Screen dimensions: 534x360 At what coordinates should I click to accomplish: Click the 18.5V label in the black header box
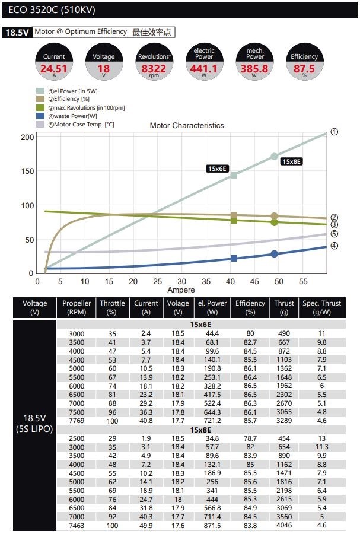click(17, 33)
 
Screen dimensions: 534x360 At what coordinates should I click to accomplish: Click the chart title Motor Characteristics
click(187, 126)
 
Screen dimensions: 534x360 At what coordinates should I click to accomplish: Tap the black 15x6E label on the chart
click(218, 169)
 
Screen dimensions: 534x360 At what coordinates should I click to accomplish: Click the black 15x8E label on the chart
click(291, 161)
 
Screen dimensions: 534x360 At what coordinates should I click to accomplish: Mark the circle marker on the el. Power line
click(274, 157)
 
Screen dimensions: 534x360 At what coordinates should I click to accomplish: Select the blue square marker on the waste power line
click(234, 258)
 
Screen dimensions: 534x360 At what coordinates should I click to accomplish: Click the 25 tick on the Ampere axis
click(157, 281)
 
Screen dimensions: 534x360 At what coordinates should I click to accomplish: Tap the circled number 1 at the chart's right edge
click(334, 132)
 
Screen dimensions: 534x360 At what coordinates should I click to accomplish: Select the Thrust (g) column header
click(284, 307)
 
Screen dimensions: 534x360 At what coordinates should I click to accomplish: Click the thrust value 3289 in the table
click(284, 420)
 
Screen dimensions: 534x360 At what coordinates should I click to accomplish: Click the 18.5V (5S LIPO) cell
click(34, 423)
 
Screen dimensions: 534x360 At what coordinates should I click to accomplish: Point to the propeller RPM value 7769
click(77, 420)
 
